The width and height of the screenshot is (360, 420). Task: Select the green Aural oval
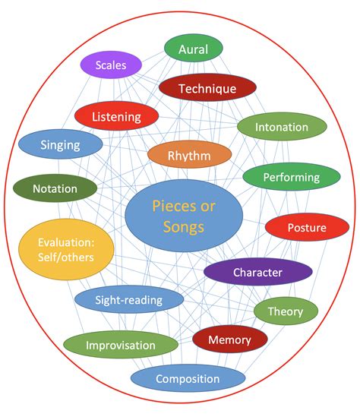click(193, 49)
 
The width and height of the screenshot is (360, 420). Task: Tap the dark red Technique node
click(207, 88)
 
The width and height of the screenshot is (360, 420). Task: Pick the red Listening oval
click(116, 116)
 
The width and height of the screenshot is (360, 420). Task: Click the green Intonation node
click(281, 127)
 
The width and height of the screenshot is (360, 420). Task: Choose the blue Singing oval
click(60, 144)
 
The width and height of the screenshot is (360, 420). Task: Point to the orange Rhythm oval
click(189, 154)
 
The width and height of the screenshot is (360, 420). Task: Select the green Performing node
click(291, 178)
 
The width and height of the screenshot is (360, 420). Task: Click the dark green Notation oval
click(55, 188)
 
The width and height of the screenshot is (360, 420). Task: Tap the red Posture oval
click(306, 228)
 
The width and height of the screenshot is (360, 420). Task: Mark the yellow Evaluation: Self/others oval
click(66, 248)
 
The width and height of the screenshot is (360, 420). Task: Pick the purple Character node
click(257, 272)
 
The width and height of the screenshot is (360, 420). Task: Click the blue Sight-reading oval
click(128, 299)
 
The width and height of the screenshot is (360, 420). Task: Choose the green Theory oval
click(285, 311)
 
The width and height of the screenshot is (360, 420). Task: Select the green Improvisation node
click(121, 345)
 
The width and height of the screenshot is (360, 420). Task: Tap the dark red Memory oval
click(229, 339)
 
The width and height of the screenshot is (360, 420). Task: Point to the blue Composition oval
click(188, 378)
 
